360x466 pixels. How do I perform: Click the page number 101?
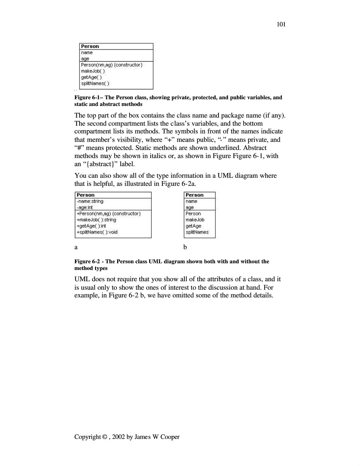tap(281, 24)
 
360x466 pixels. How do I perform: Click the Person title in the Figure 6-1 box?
tap(90, 46)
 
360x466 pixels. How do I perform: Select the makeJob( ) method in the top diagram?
tap(93, 71)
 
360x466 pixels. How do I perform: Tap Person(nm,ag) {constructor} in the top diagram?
tap(112, 65)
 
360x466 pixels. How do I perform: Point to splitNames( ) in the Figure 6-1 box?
tap(95, 83)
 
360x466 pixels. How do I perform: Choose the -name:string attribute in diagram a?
tap(90, 201)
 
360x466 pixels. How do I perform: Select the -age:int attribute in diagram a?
tap(85, 207)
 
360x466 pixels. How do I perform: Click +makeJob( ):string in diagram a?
tap(96, 220)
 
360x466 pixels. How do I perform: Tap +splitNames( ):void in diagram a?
tap(97, 232)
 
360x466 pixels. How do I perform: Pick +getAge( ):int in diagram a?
tap(91, 226)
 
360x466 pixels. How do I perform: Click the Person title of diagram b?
tap(194, 195)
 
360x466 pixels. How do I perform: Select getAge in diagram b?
tap(194, 226)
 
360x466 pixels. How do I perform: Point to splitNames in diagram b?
tap(197, 232)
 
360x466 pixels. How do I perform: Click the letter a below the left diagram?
tap(76, 247)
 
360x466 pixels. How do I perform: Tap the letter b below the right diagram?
tap(185, 247)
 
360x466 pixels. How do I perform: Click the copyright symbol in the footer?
tap(105, 437)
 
